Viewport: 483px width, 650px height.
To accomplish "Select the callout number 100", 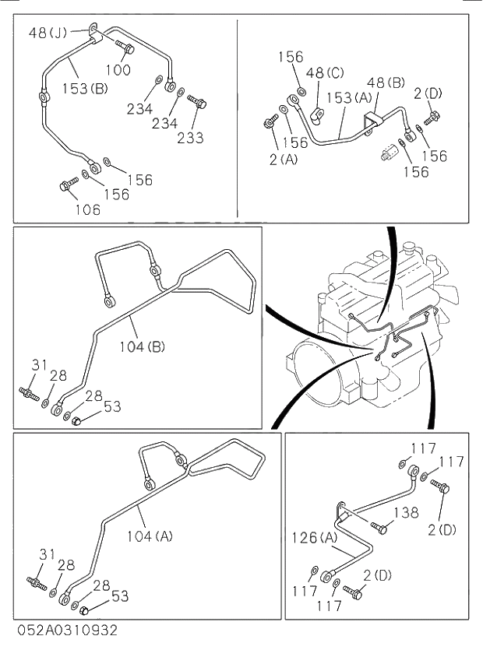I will coord(118,69).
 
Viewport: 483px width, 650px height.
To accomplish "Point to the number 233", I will coord(190,138).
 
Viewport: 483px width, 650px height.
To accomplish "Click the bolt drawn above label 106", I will coord(68,186).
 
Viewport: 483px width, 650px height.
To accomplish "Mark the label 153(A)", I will coord(350,98).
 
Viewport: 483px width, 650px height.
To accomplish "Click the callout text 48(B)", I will coord(385,82).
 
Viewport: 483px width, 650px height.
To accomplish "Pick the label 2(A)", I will coord(282,160).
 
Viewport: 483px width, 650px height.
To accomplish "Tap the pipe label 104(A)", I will coord(149,535).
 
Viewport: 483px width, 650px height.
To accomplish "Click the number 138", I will coord(406,513).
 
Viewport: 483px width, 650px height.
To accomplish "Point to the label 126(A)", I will coord(316,536).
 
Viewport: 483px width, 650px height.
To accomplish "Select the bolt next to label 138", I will coord(379,529).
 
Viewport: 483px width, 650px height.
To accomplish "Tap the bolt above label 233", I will coord(196,102).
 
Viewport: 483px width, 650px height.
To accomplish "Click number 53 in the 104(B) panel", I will coord(112,406).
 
